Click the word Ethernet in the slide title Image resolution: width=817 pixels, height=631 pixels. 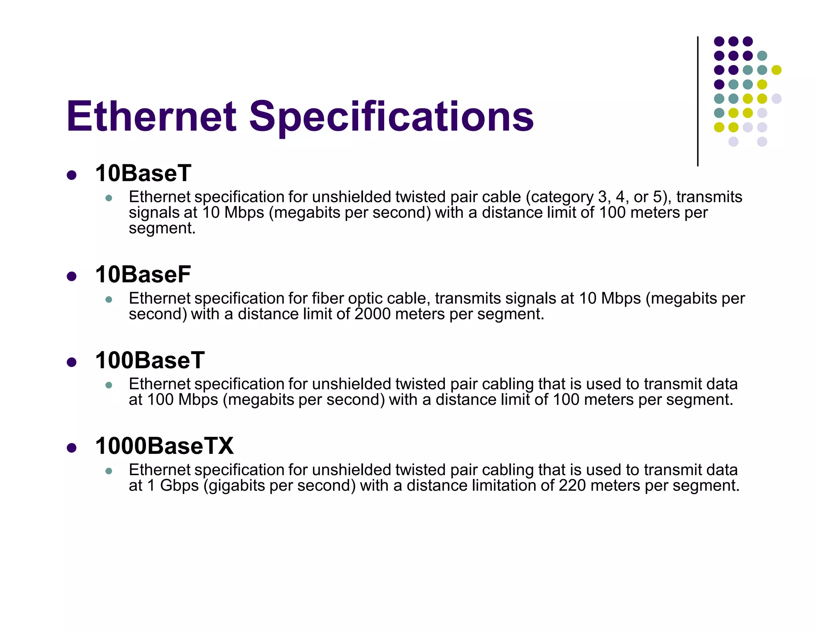[152, 116]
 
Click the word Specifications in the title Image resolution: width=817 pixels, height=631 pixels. [391, 116]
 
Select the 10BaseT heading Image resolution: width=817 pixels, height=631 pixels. [143, 174]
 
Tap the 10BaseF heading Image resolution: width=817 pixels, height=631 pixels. [143, 275]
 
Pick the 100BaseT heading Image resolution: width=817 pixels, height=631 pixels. [150, 361]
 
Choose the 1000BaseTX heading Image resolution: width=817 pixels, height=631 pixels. [164, 446]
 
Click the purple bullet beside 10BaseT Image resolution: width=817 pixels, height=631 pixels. [72, 175]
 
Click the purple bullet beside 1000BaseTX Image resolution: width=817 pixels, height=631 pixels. [72, 448]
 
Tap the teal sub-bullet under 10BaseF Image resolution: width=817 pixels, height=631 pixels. [109, 300]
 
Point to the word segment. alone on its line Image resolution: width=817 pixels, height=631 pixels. [162, 229]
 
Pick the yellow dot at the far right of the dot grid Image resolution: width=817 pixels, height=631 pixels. [776, 70]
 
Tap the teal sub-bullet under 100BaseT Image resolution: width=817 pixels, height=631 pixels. [109, 385]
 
